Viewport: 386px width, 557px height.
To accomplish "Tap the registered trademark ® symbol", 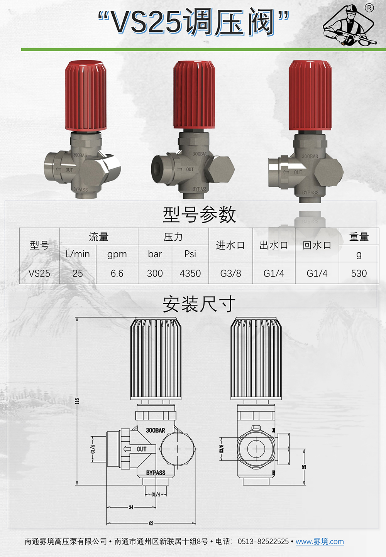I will pyautogui.click(x=369, y=8).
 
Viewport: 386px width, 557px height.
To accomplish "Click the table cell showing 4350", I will pyautogui.click(x=190, y=273).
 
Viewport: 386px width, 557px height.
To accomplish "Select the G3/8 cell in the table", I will pyautogui.click(x=230, y=273).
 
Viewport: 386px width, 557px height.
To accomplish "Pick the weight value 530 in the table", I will pyautogui.click(x=359, y=273).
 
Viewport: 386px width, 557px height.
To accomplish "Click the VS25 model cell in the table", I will pyautogui.click(x=39, y=273).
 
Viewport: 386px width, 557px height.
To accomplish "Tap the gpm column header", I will pyautogui.click(x=117, y=254).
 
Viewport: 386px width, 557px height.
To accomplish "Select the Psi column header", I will pyautogui.click(x=190, y=254).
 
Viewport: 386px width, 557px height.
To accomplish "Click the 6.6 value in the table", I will pyautogui.click(x=117, y=273).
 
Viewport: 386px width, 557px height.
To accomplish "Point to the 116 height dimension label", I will pyautogui.click(x=77, y=401).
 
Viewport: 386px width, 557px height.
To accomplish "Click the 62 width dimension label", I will pyautogui.click(x=151, y=523).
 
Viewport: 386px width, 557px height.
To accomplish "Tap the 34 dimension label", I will pyautogui.click(x=131, y=507).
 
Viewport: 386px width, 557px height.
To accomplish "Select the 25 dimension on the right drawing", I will pyautogui.click(x=304, y=467).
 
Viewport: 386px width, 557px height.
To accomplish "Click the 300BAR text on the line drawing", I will pyautogui.click(x=155, y=430).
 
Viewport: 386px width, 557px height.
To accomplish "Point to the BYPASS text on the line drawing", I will pyautogui.click(x=156, y=473).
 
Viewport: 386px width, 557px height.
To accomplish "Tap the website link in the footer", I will pyautogui.click(x=320, y=542).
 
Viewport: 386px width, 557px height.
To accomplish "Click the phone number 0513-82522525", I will pyautogui.click(x=263, y=542).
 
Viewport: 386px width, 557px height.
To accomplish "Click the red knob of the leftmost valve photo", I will pyautogui.click(x=85, y=95).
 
